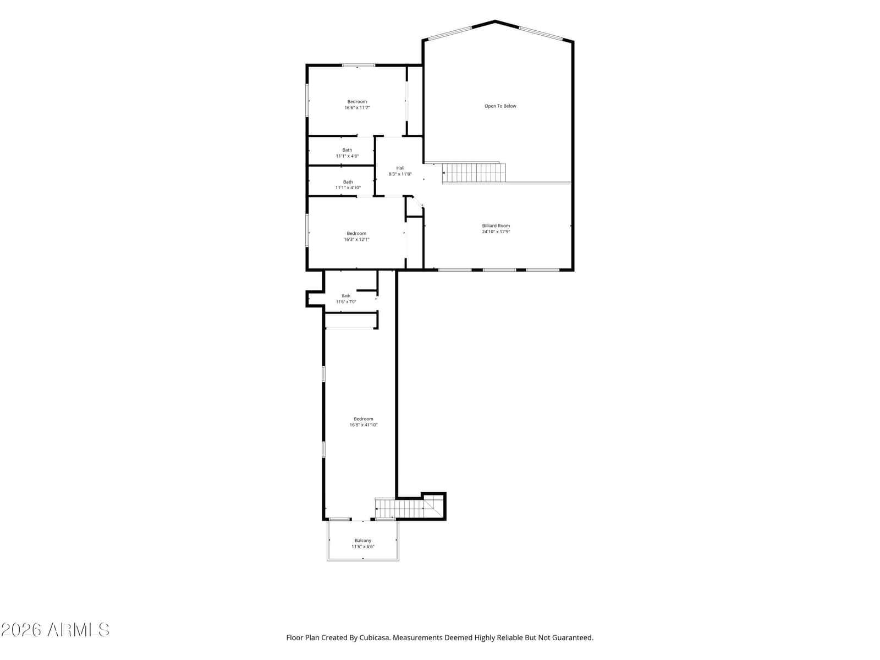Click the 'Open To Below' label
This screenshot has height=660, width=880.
tap(500, 106)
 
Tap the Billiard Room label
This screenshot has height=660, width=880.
tap(496, 226)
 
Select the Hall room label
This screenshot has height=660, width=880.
tap(400, 168)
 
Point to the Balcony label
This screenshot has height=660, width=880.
tap(363, 541)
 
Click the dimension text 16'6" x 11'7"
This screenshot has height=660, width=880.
tap(357, 108)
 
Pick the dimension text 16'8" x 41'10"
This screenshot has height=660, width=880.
tap(363, 425)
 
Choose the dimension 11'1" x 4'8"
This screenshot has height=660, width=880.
tap(347, 156)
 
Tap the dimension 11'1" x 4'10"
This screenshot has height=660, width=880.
tap(348, 188)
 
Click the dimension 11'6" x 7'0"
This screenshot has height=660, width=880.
tap(346, 302)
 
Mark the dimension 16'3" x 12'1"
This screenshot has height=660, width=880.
tap(356, 240)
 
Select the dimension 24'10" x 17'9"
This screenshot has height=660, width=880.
tap(496, 232)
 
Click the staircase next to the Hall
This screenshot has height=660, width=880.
tap(474, 173)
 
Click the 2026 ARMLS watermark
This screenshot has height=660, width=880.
tap(55, 630)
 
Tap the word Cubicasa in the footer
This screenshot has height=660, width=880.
tap(374, 637)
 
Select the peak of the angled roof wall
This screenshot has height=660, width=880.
tap(495, 21)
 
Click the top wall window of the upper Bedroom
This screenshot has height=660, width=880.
tap(358, 65)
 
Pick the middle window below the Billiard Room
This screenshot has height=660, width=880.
tap(499, 270)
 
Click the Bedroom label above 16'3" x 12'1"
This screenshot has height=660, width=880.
tap(356, 234)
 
